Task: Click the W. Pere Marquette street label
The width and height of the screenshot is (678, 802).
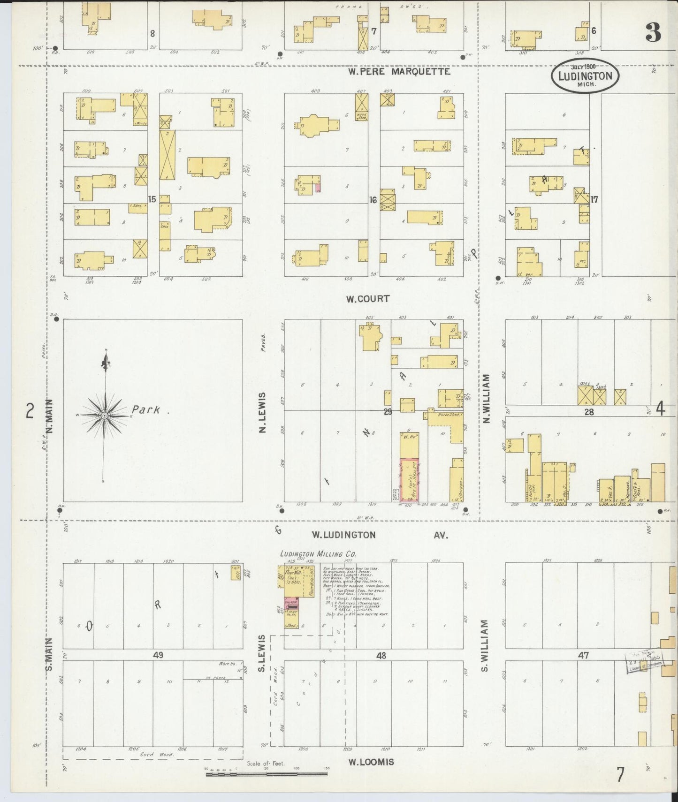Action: (x=399, y=72)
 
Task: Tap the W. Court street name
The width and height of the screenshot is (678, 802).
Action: (x=367, y=299)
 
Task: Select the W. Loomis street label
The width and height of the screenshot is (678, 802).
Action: (x=371, y=762)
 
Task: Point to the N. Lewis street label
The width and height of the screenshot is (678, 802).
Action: (x=262, y=413)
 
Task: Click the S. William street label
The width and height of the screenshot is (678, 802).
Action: (x=485, y=645)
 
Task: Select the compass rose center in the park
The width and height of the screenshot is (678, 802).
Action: (x=105, y=416)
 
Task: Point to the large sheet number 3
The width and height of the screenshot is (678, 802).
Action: (x=653, y=32)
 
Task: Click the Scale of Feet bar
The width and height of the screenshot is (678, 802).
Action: (x=266, y=774)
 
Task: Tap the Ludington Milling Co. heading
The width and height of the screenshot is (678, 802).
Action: (x=318, y=554)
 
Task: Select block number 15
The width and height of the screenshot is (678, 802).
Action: (x=152, y=199)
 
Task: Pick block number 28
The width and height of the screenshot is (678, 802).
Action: (x=589, y=412)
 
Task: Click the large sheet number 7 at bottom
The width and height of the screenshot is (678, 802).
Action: (x=620, y=774)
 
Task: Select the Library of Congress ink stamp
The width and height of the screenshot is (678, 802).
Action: (x=643, y=660)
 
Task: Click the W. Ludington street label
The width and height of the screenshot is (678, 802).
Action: (x=344, y=535)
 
